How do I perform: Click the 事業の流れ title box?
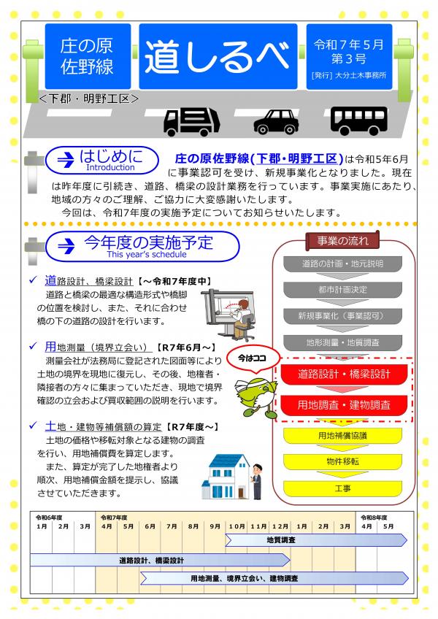pyautogui.click(x=342, y=241)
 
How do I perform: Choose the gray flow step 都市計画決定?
pyautogui.click(x=342, y=289)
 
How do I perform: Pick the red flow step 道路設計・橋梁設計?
pyautogui.click(x=343, y=374)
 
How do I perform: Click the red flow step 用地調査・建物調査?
pyautogui.click(x=343, y=404)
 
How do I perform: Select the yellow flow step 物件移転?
pyautogui.click(x=342, y=461)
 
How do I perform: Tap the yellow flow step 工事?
pyautogui.click(x=342, y=487)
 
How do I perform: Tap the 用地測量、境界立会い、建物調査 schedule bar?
pyautogui.click(x=248, y=578)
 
